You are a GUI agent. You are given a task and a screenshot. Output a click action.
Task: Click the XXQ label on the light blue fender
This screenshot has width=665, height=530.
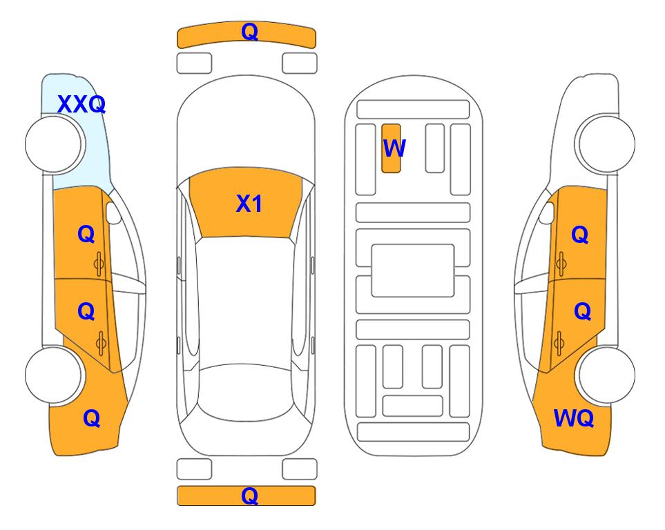pos(81,104)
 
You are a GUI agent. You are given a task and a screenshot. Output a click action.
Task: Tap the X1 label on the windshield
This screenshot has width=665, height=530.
pos(249,204)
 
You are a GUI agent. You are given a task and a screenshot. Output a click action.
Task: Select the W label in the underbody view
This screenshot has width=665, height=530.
pos(394,148)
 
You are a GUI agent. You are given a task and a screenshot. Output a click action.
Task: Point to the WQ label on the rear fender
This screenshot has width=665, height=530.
pos(574,418)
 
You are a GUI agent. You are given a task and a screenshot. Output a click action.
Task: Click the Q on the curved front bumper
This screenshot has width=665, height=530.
pos(250,32)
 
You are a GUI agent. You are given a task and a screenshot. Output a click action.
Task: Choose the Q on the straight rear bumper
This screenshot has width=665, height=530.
pos(250,495)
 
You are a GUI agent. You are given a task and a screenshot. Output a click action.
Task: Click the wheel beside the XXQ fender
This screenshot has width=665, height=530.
pos(54,144)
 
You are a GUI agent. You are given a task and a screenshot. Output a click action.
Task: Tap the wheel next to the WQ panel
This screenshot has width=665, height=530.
pos(606,375)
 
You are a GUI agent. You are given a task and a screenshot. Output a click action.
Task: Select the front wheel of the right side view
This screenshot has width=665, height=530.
pos(606,144)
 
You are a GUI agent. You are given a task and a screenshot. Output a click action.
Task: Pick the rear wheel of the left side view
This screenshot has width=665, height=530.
pos(54,375)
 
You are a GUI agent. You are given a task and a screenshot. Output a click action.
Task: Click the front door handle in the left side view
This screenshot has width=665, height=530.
pos(99,264)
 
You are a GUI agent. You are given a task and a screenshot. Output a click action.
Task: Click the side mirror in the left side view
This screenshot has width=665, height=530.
pos(113,213)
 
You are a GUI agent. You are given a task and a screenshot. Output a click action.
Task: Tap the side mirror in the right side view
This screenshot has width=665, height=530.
pos(547,213)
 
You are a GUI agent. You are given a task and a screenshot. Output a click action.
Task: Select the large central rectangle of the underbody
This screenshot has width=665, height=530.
pos(413,271)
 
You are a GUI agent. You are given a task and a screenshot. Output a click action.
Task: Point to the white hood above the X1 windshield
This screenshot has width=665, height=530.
pos(246,123)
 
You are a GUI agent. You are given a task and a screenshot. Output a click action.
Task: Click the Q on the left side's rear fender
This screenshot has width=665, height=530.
pos(92,418)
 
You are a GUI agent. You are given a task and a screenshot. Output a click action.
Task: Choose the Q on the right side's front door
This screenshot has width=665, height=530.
pos(580,235)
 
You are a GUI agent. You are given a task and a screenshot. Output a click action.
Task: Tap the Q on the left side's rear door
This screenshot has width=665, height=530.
pos(86,312)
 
